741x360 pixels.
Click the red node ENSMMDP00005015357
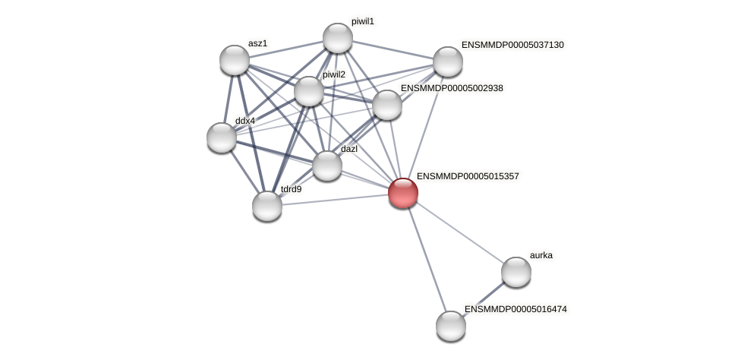click(403, 193)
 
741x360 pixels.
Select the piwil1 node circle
click(338, 38)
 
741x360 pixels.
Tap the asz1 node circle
click(235, 60)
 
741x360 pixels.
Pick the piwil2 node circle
click(309, 91)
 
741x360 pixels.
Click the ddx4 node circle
click(222, 137)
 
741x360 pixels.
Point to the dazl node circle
click(327, 166)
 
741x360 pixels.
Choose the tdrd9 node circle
click(267, 206)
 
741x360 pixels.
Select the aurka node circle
click(516, 272)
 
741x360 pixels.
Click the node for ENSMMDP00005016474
click(451, 326)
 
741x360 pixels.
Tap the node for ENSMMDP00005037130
click(448, 62)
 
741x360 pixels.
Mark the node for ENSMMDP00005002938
click(387, 105)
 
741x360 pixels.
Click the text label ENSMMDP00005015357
click(468, 176)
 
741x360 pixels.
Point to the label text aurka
click(541, 255)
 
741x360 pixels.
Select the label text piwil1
click(362, 21)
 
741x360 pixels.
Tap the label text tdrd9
click(291, 189)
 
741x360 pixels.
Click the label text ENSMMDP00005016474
click(516, 309)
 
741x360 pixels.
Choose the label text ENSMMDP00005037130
click(512, 45)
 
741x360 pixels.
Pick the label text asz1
click(257, 43)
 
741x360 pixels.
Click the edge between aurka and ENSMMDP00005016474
click(484, 299)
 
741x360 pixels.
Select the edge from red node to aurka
click(459, 232)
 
